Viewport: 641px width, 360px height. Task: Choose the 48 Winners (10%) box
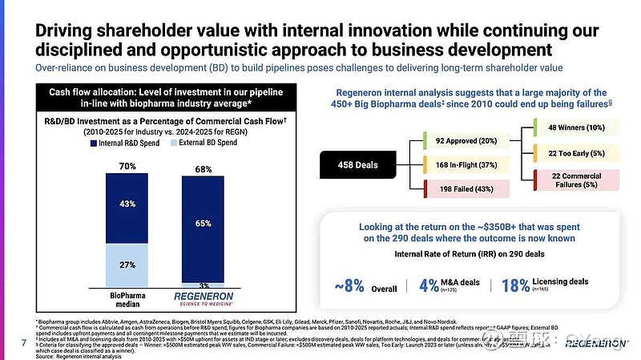[577, 127]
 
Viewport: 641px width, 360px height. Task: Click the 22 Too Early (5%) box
[577, 154]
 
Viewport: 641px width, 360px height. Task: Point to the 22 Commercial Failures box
[577, 180]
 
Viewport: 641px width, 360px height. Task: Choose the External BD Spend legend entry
[211, 143]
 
